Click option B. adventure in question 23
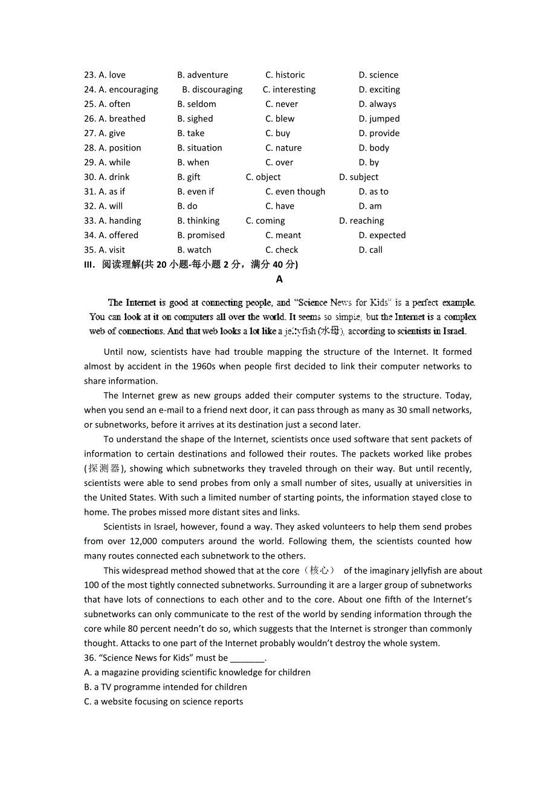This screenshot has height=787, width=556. (202, 75)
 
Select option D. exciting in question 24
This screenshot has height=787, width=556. (379, 89)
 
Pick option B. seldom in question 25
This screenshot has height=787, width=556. (196, 104)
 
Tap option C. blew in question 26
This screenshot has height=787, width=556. (280, 118)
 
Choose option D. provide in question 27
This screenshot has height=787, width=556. (379, 133)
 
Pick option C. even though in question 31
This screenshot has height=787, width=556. (295, 192)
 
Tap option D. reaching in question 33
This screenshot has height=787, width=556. (361, 221)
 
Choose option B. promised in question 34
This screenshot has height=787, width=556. (201, 235)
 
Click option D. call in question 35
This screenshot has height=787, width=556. (370, 250)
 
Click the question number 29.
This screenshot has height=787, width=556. (89, 163)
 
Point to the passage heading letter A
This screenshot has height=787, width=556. (279, 279)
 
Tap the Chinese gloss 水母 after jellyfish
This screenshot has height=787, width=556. (331, 331)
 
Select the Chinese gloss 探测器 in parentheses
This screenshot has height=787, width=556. (104, 468)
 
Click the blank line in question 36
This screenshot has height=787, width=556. (247, 659)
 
